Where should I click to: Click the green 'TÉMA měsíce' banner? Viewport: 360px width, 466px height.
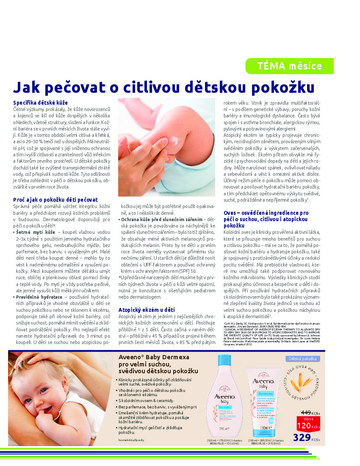click(289, 66)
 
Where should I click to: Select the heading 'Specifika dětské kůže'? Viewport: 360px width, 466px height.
click(40, 103)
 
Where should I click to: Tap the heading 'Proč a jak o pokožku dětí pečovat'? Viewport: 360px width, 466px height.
click(55, 200)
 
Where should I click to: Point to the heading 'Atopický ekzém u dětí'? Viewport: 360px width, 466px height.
click(147, 310)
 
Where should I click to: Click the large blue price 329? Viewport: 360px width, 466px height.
click(301, 438)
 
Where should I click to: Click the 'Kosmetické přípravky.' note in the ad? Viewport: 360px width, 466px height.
click(132, 441)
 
